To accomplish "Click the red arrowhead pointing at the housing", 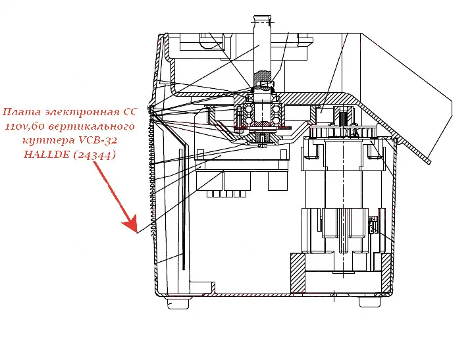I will click(134, 226).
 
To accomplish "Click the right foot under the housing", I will click(368, 301).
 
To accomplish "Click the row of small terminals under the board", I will click(226, 194).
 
